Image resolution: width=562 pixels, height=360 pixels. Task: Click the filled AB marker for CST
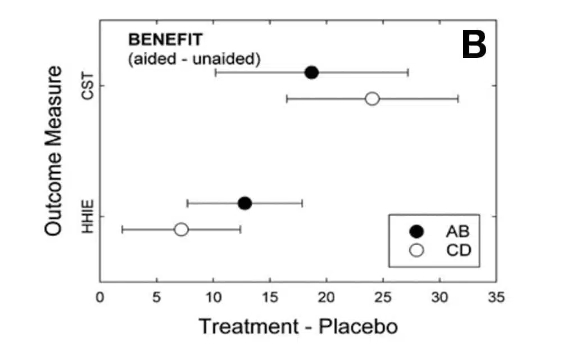[311, 73]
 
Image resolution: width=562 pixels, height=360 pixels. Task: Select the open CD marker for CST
[372, 99]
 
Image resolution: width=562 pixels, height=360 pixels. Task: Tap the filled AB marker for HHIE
[244, 203]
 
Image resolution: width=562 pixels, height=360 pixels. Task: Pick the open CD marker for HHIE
[181, 229]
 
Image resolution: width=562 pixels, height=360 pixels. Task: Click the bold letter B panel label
[474, 45]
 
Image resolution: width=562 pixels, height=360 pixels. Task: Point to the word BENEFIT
[165, 40]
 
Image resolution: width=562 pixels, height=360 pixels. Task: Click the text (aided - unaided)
[194, 59]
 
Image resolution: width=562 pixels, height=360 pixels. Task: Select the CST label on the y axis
[88, 86]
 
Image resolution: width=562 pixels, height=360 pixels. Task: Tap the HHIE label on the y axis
[88, 216]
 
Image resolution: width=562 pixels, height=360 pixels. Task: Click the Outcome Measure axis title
[54, 151]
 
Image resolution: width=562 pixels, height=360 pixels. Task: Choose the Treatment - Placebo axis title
[298, 326]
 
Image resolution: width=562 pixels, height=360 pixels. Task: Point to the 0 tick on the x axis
[100, 296]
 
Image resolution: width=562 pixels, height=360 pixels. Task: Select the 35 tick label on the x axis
[496, 296]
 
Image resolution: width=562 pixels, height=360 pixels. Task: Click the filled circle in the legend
[416, 231]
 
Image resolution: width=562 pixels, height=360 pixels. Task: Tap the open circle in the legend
[416, 251]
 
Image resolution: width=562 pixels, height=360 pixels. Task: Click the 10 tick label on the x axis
[213, 296]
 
